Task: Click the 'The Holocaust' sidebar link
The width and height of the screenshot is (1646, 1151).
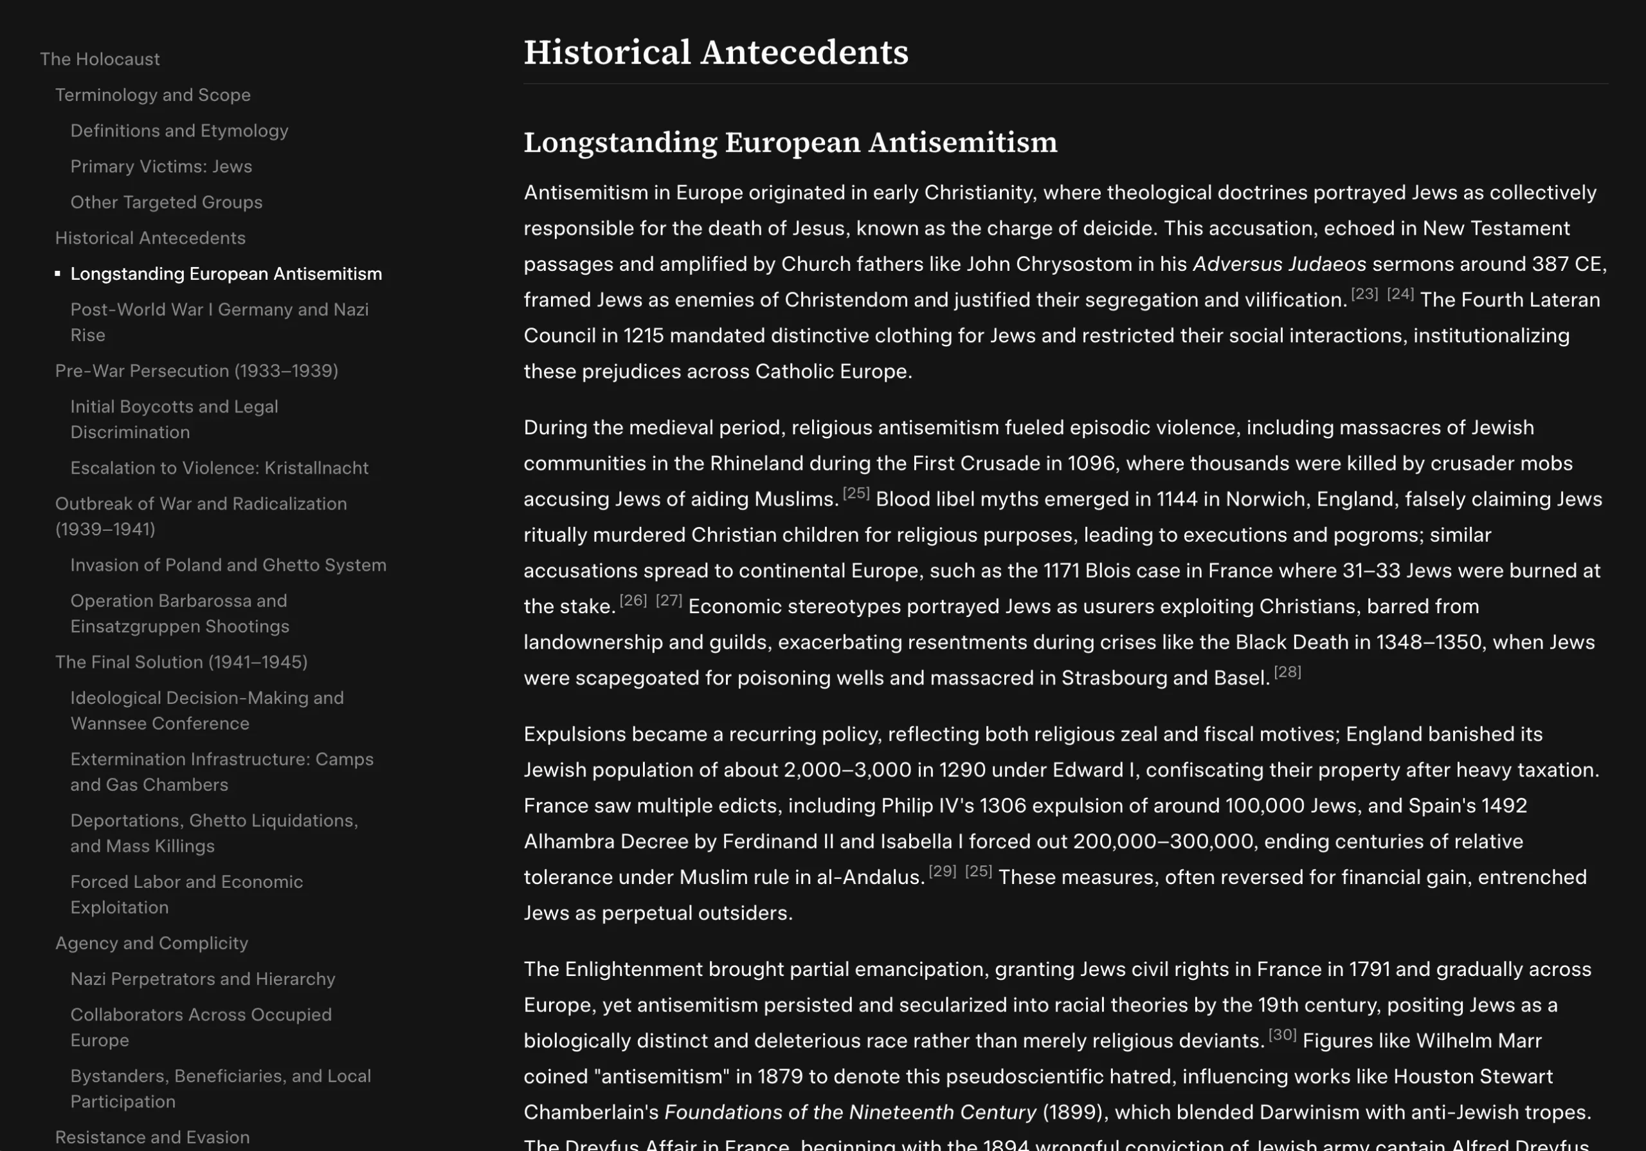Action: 100,59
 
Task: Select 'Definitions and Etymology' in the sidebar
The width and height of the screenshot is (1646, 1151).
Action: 179,131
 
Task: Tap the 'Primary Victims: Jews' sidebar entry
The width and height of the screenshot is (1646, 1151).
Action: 161,167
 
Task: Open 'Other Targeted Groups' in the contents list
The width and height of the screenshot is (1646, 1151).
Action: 167,202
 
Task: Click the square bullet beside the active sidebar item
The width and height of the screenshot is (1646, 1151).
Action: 57,273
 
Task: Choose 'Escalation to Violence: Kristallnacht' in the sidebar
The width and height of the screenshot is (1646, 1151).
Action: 219,468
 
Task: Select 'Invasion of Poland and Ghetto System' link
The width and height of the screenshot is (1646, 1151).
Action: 228,565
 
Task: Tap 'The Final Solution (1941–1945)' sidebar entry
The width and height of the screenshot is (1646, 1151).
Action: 181,662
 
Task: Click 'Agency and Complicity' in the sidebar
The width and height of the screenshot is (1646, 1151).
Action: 151,943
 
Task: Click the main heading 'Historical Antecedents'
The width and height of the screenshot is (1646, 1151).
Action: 716,52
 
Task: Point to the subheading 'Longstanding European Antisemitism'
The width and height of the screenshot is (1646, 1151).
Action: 790,142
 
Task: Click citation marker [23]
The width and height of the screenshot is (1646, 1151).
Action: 1364,294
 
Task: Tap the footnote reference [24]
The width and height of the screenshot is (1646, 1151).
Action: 1400,294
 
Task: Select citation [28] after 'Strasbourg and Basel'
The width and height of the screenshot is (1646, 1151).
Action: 1288,672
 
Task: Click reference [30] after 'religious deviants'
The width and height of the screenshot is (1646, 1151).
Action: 1282,1035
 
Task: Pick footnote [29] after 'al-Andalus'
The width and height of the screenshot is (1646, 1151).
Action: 942,871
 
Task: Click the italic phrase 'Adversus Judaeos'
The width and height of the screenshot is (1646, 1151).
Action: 1279,264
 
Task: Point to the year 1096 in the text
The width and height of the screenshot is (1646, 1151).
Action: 1091,463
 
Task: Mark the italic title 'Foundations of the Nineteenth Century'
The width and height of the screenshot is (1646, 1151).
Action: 850,1112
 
